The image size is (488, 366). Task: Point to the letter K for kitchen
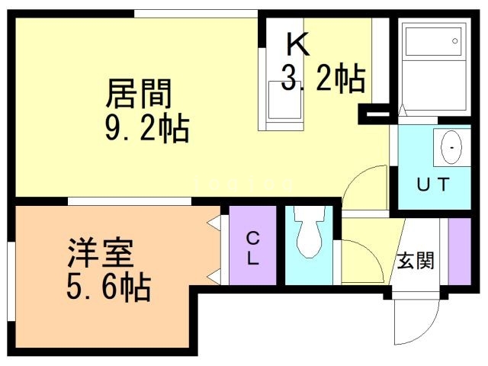point(297,45)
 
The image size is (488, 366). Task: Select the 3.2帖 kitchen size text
point(323,77)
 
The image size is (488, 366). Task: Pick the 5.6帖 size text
point(108,287)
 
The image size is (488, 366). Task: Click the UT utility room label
point(434,183)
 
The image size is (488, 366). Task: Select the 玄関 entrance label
point(416,260)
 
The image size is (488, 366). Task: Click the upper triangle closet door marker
point(214,222)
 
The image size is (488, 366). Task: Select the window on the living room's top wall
point(196,13)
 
